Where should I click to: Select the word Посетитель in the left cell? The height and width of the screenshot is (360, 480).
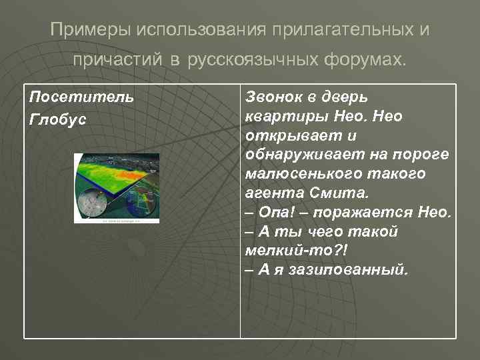coord(81,97)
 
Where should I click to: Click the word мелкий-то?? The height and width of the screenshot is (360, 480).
coord(286,251)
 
